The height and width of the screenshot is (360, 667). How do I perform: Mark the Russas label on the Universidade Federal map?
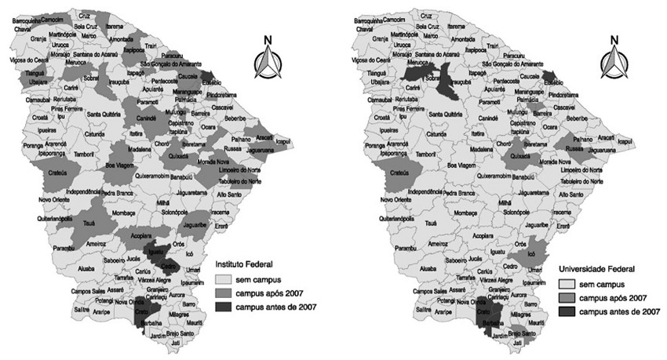coord(577,147)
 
